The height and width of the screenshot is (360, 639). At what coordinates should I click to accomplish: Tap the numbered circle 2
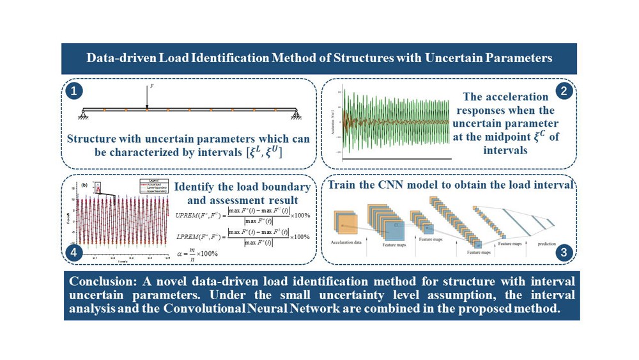(x=564, y=91)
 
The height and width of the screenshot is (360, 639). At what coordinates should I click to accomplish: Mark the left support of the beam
(x=83, y=115)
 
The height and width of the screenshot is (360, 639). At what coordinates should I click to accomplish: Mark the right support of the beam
(x=296, y=115)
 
